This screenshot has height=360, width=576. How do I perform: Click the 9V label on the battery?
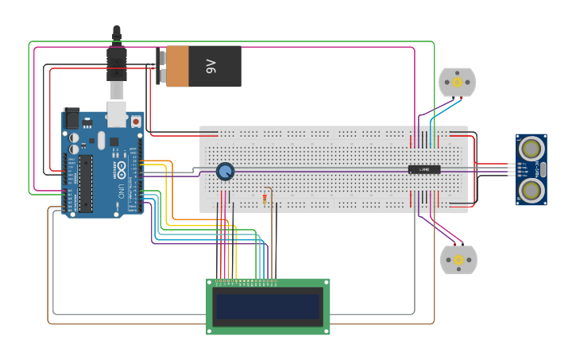(x=211, y=66)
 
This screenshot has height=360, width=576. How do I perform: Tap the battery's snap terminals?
(x=161, y=66)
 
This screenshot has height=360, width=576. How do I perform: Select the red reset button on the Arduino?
(x=136, y=122)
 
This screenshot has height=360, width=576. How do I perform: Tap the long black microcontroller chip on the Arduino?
(x=85, y=184)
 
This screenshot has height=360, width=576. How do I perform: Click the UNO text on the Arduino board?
(x=121, y=192)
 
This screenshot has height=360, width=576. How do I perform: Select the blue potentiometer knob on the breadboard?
(x=226, y=171)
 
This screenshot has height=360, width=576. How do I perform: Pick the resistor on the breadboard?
(x=264, y=199)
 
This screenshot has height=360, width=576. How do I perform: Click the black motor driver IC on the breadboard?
(x=424, y=168)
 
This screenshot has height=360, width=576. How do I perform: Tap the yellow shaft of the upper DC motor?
(x=458, y=82)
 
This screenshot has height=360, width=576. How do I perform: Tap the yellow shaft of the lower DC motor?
(x=458, y=260)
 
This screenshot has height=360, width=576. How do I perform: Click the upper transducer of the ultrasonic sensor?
(x=532, y=148)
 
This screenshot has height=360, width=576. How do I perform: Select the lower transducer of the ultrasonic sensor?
(x=532, y=189)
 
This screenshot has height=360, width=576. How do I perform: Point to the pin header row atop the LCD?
(x=245, y=281)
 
